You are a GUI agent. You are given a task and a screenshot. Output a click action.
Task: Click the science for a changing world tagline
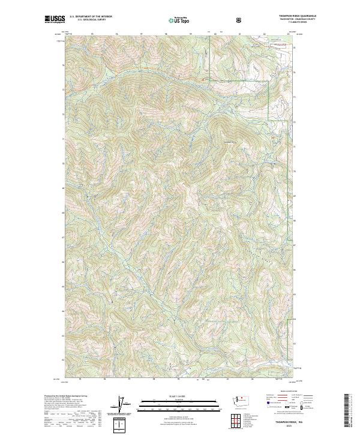[55, 22]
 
